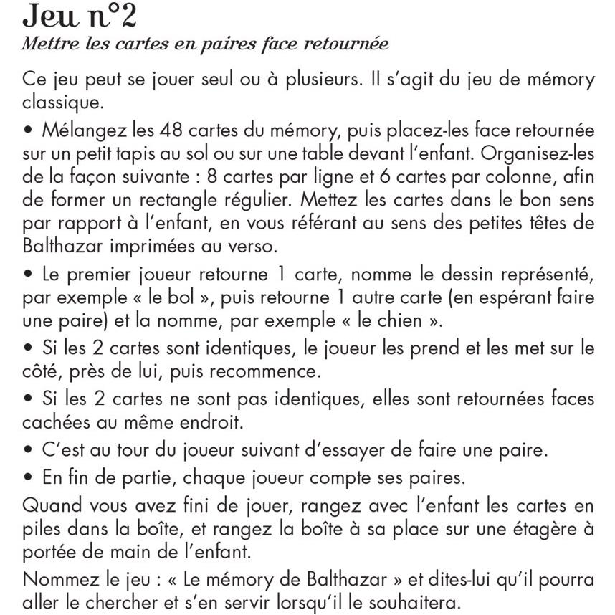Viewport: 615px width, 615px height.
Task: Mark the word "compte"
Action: pos(353,475)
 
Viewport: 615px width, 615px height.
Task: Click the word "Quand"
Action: pos(54,505)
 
